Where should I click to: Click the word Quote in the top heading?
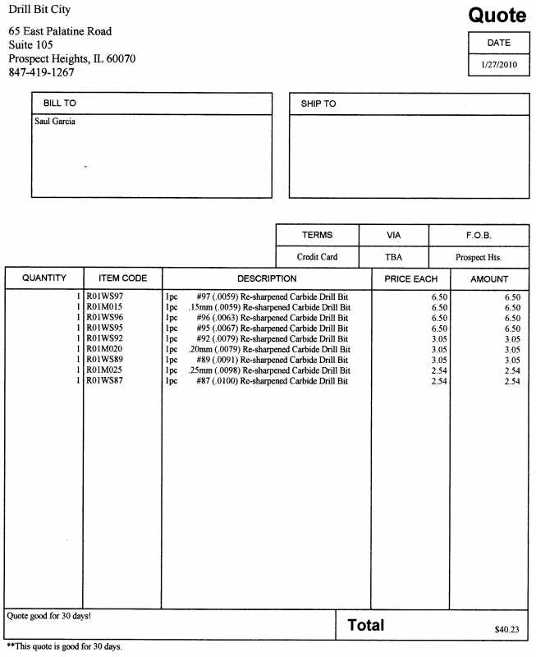[497, 15]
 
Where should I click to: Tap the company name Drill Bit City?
[39, 10]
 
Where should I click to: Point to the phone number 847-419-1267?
[41, 72]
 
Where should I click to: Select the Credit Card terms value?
[317, 257]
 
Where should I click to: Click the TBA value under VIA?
[393, 257]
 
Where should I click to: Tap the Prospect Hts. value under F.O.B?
[479, 257]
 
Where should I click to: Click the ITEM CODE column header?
[122, 279]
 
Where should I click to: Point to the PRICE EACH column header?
[410, 279]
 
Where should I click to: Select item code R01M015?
[105, 306]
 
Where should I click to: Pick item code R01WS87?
[105, 381]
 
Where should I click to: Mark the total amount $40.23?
[507, 629]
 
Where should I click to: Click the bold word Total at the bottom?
[365, 625]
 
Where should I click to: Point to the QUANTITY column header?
[44, 279]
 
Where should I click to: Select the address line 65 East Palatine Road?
[60, 31]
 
